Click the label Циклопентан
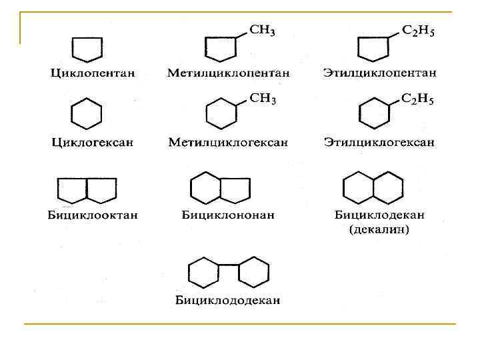[x=87, y=72]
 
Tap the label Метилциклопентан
[x=229, y=72]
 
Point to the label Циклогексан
[x=87, y=142]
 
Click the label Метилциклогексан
[x=229, y=142]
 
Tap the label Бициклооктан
[x=87, y=215]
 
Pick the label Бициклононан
[x=228, y=215]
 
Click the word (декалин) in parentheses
[x=379, y=230]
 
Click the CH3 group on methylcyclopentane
[x=263, y=31]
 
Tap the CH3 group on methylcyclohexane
[x=263, y=99]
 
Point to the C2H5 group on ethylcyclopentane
[x=419, y=31]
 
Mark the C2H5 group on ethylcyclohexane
[x=419, y=100]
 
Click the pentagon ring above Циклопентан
[x=87, y=48]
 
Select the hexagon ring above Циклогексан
[x=87, y=113]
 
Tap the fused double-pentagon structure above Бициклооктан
[x=87, y=189]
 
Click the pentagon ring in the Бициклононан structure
[x=235, y=189]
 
